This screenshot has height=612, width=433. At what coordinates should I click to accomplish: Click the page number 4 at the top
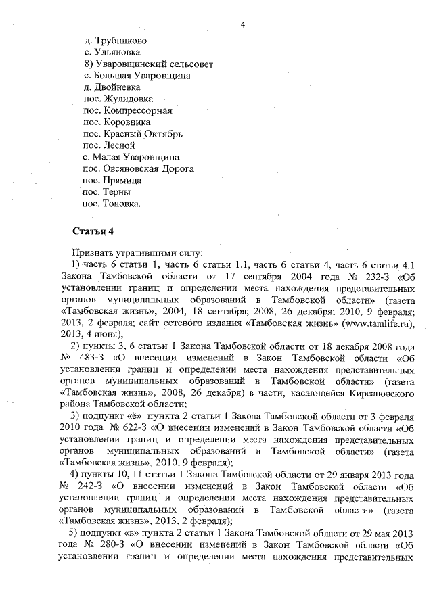(242, 25)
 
